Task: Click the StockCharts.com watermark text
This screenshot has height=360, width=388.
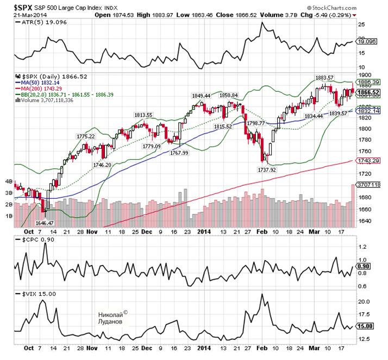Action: [x=346, y=8]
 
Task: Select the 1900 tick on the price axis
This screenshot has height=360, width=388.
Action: [x=365, y=76]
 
